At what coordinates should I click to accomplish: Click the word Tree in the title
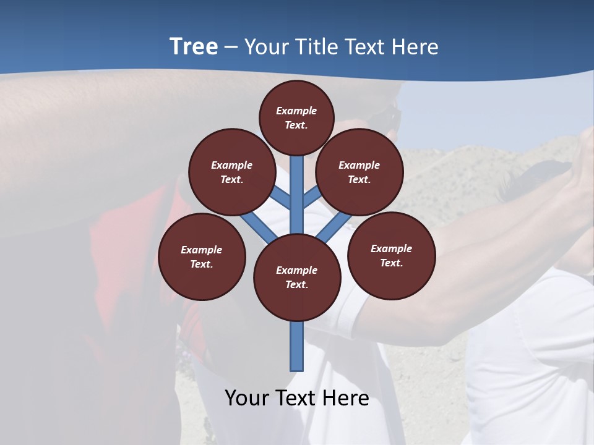pyautogui.click(x=194, y=46)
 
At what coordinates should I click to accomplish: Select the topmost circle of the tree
pyautogui.click(x=296, y=117)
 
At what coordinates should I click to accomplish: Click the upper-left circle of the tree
pyautogui.click(x=231, y=172)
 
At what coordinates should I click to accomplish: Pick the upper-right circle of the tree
pyautogui.click(x=359, y=172)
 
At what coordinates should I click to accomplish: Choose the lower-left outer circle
pyautogui.click(x=202, y=256)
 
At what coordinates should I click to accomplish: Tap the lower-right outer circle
pyautogui.click(x=391, y=255)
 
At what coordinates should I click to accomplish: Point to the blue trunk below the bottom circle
pyautogui.click(x=297, y=346)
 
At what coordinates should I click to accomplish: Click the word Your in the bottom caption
pyautogui.click(x=246, y=397)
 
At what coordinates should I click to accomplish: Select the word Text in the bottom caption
pyautogui.click(x=296, y=397)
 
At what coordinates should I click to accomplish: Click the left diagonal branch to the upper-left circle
pyautogui.click(x=282, y=198)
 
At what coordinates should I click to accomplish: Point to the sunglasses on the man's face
pyautogui.click(x=390, y=117)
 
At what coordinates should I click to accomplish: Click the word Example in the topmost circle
pyautogui.click(x=296, y=111)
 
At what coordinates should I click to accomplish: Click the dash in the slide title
pyautogui.click(x=231, y=47)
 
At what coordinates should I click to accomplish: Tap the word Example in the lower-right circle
pyautogui.click(x=391, y=248)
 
